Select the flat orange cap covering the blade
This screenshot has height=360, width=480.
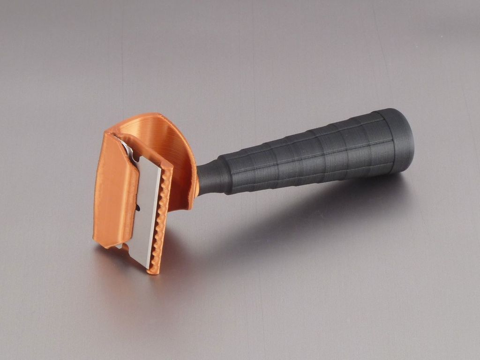tap(115, 187)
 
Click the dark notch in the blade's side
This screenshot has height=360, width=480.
tap(138, 207)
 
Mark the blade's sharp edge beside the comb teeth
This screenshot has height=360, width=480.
tap(157, 216)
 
